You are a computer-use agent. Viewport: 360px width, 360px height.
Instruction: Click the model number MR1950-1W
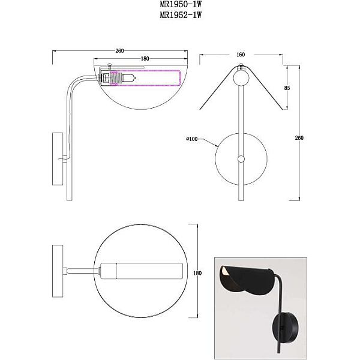(181, 4)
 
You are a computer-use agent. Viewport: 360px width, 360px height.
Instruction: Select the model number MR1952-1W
(181, 15)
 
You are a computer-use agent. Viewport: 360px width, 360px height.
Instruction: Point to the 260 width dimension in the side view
(119, 51)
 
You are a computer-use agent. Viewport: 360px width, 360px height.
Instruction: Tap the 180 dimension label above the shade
(145, 59)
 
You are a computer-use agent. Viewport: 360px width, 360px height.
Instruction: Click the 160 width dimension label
(241, 55)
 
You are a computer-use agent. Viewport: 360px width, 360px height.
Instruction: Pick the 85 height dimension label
(287, 88)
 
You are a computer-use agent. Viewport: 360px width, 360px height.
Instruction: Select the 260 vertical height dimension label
(299, 138)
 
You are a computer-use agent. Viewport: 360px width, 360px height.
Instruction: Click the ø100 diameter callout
(192, 139)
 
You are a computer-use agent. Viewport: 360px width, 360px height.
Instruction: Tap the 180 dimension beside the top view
(197, 273)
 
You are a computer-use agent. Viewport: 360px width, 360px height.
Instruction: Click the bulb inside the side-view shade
(130, 78)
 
